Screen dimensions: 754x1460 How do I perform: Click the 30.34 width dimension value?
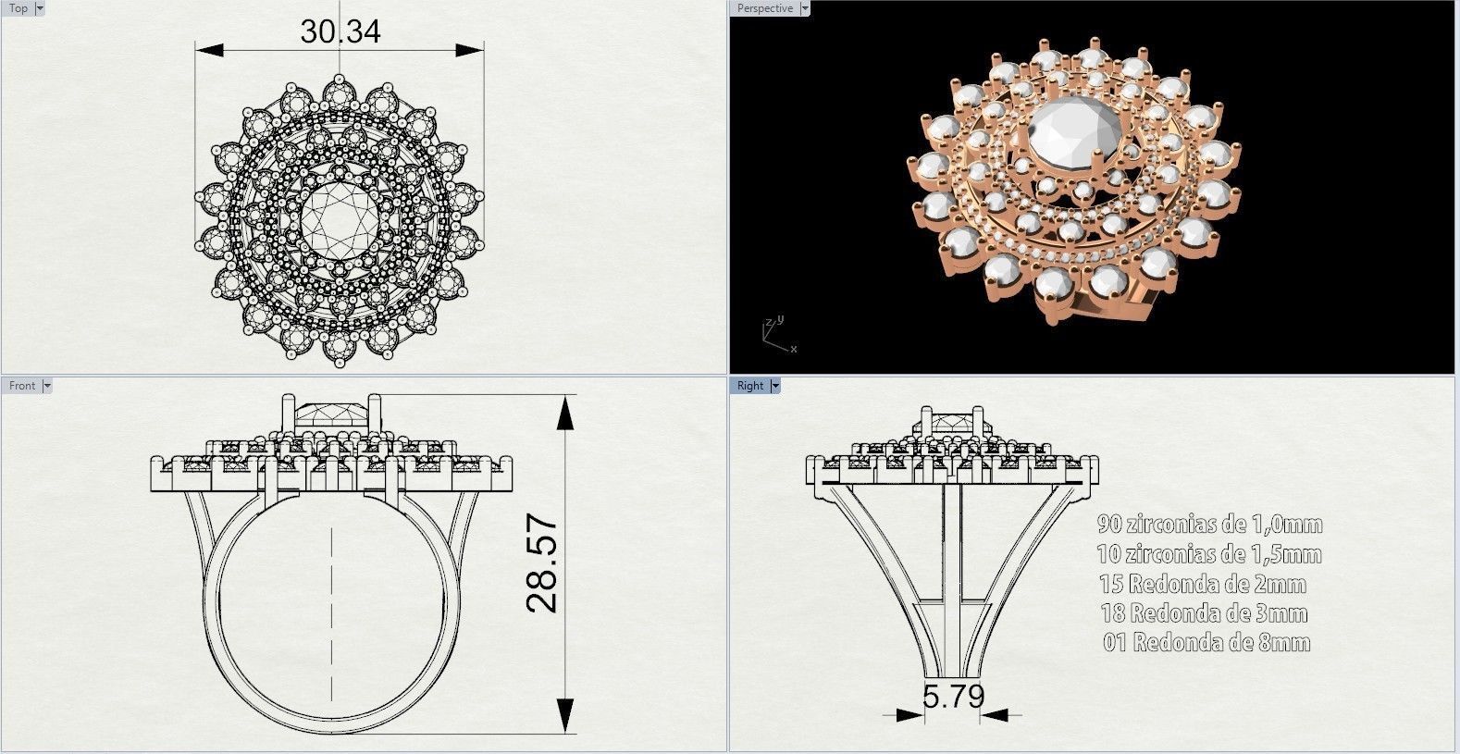(340, 31)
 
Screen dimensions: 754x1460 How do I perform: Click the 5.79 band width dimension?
(952, 696)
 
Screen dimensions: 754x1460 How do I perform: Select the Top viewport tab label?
(18, 8)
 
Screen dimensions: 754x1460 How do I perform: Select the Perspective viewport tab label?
(764, 8)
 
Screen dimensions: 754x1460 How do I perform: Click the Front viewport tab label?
(22, 386)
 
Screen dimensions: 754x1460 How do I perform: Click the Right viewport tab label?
(750, 386)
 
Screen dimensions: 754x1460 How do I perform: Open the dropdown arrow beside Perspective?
(804, 8)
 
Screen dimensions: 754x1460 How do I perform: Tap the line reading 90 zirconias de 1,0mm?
(1209, 525)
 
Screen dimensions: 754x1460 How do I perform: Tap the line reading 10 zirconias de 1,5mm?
(1209, 554)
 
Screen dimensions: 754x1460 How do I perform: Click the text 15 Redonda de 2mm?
(1203, 584)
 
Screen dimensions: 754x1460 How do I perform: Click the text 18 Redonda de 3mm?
(1204, 613)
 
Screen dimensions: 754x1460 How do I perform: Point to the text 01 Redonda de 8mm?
(1206, 643)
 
